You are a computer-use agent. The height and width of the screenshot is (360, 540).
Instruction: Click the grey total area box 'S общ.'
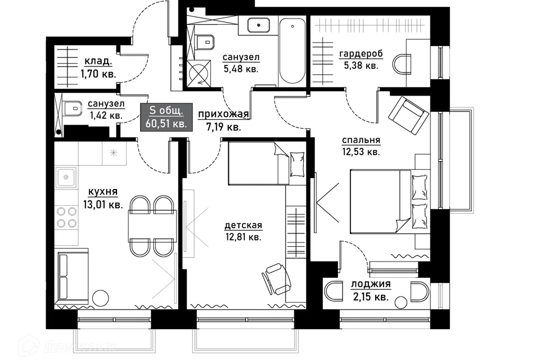(166, 117)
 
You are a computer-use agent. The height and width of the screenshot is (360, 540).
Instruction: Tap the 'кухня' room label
(102, 192)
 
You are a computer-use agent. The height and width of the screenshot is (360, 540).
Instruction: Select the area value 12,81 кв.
(243, 237)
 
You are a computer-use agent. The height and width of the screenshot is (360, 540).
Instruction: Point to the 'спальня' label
(361, 140)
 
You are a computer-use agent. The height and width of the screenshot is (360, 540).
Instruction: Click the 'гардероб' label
(361, 54)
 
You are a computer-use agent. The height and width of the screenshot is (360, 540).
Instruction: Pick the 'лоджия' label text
(371, 284)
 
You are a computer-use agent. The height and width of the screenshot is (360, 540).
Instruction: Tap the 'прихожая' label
(223, 114)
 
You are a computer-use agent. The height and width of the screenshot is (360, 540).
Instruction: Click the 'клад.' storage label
(98, 61)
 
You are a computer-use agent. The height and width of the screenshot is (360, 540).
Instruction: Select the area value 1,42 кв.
(106, 115)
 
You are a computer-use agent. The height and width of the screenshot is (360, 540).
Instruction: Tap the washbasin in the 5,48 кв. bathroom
(258, 25)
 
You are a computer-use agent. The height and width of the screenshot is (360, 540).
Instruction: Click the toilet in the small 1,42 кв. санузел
(73, 108)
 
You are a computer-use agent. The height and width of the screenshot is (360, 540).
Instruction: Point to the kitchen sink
(66, 177)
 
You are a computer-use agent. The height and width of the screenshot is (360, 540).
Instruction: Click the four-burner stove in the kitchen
(66, 217)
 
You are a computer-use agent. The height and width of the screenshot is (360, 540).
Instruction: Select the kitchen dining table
(152, 226)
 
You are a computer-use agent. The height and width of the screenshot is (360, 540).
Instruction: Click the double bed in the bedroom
(390, 201)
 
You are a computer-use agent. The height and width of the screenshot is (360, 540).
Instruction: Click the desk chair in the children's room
(277, 278)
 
